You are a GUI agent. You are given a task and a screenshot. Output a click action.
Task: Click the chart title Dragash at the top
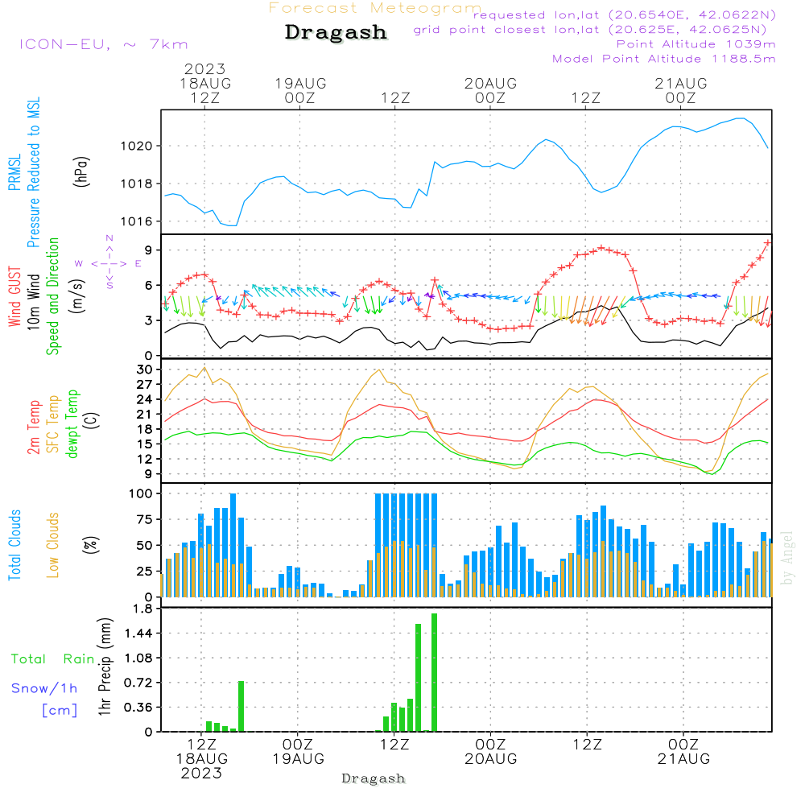click(336, 33)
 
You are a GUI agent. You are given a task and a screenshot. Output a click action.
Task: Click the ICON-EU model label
click(103, 44)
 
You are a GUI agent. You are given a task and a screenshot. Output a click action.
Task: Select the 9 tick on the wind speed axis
click(148, 250)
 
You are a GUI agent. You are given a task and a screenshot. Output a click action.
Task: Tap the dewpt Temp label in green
click(72, 424)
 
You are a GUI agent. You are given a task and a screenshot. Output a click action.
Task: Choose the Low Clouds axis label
click(53, 544)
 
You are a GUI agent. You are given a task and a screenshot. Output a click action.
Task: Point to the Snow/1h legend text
click(44, 688)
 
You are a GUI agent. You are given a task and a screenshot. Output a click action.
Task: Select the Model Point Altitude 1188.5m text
click(664, 59)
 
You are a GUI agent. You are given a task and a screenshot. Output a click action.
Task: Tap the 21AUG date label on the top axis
click(680, 84)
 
